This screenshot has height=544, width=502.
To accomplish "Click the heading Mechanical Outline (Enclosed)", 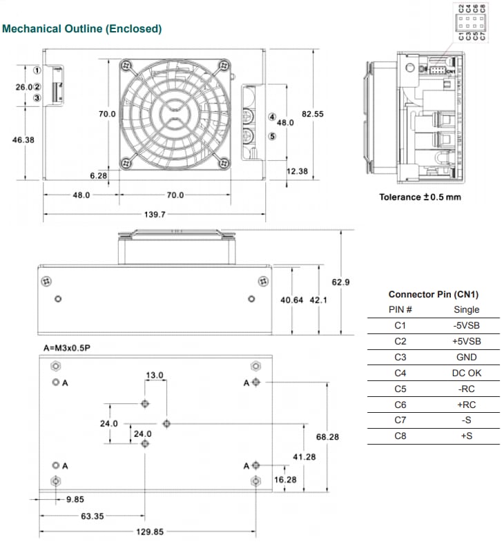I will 82,29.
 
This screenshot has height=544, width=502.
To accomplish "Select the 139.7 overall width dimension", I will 154,214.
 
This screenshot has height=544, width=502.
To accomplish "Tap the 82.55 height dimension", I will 313,114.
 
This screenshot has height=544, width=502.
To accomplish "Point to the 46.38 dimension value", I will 23,139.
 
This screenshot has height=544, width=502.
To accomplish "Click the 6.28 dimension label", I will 98,176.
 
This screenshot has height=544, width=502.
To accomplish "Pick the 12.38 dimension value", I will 297,171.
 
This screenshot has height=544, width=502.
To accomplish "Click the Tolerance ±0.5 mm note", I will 420,197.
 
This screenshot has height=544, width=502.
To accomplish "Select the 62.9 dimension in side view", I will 341,282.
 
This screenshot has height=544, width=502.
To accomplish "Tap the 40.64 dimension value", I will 291,300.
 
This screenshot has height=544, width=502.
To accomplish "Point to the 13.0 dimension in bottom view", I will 154,376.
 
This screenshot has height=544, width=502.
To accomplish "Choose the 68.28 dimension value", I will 327,437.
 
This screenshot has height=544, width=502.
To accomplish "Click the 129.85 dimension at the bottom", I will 148,532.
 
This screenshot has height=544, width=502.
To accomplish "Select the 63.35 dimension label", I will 92,515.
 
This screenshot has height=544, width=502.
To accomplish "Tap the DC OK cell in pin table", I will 466,373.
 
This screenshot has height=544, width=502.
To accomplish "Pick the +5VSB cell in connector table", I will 466,341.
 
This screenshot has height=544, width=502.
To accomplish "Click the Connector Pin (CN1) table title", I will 433,294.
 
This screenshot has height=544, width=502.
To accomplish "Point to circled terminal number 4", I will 272,117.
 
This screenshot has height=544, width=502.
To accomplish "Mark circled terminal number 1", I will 37,70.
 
